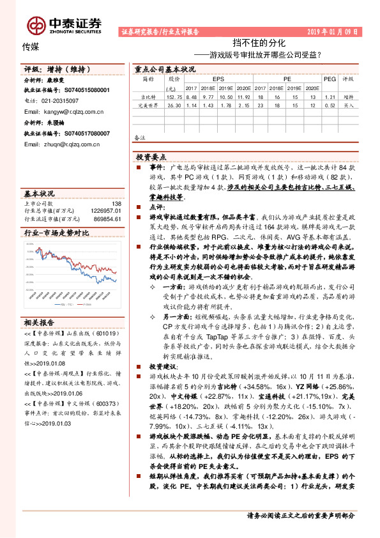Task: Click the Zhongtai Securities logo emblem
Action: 35,24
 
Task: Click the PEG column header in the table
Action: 329,79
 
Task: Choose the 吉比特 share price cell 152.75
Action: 171,96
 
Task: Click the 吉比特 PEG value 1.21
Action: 330,96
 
